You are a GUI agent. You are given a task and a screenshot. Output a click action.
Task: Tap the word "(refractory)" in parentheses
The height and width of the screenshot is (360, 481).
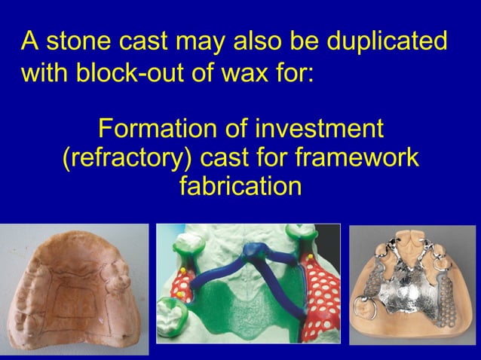point(127,157)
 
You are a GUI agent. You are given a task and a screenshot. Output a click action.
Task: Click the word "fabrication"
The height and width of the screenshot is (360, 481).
point(240,185)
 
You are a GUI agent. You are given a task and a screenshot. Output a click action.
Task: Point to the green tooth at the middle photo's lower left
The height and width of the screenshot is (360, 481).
point(172,312)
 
